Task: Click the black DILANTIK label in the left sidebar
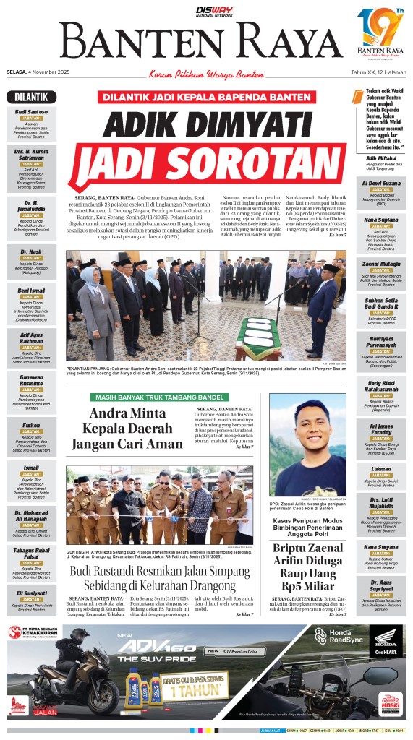31,98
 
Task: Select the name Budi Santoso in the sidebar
31,112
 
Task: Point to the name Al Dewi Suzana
380,184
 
